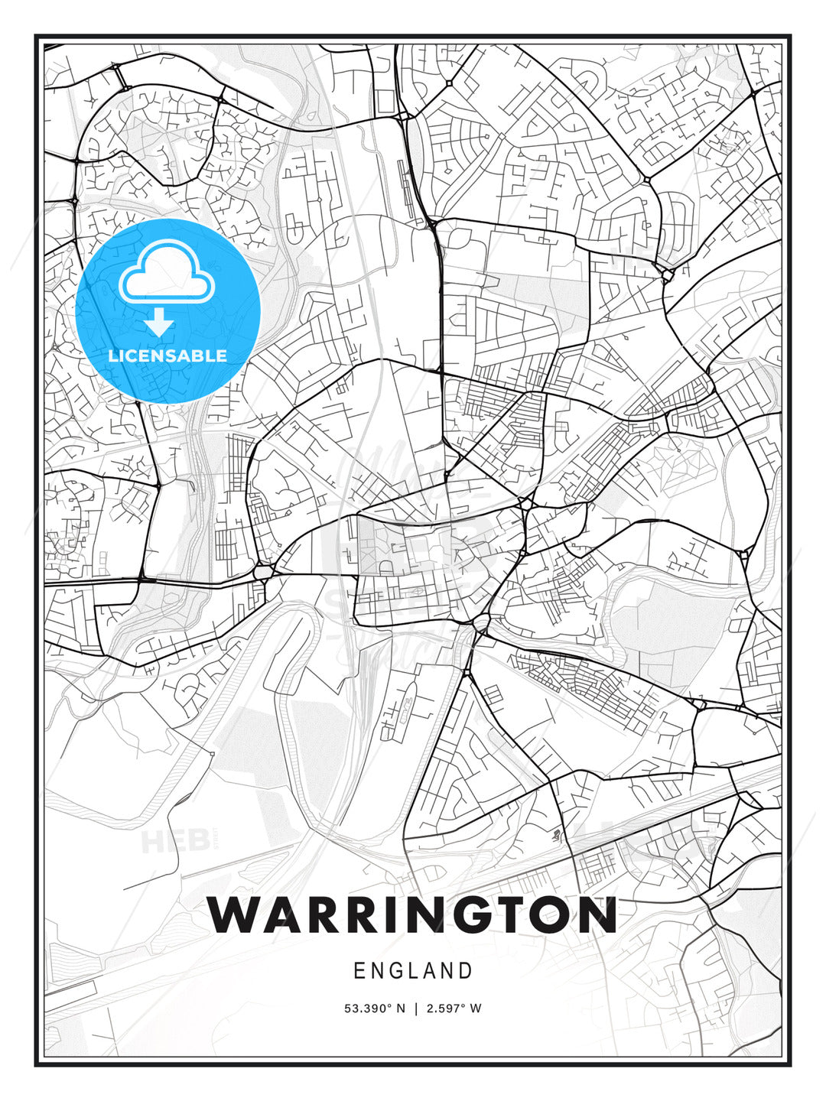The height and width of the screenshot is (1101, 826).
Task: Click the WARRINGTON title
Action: point(412,914)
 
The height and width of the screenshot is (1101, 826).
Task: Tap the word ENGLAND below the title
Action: point(413,971)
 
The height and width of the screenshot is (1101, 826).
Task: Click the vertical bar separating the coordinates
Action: point(415,1008)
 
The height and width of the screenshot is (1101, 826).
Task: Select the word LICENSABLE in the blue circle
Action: point(167,356)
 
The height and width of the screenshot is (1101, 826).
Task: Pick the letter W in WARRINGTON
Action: point(236,914)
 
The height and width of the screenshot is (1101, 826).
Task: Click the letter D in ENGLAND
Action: point(465,971)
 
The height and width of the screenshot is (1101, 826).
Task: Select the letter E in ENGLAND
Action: point(359,971)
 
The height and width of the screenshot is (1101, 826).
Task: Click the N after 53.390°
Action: point(400,1008)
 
